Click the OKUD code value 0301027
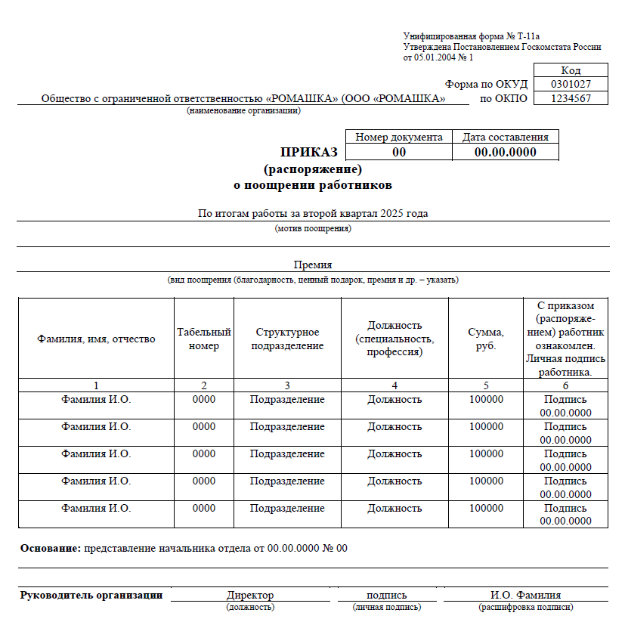point(571,84)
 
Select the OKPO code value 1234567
point(571,98)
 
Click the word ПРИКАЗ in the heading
point(309,152)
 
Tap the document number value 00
point(399,152)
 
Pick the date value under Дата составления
point(505,152)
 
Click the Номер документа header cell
point(399,137)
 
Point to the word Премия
point(313,265)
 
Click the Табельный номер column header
point(204,339)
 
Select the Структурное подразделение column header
point(287,339)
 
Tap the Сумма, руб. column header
point(486,339)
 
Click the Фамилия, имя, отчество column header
point(96,339)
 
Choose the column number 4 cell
point(394,385)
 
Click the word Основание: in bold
point(51,548)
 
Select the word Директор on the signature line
point(250,595)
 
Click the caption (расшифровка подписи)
point(525,607)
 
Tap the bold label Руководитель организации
point(91,595)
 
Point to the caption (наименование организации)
point(244,111)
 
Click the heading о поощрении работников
point(313,184)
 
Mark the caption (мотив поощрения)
point(313,228)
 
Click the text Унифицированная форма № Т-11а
point(472,36)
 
